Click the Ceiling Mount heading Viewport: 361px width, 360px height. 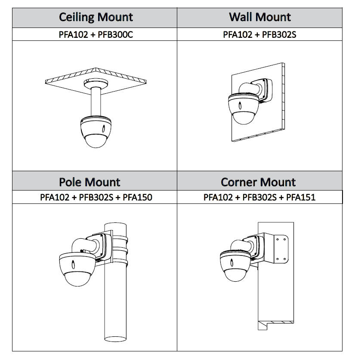pos(96,17)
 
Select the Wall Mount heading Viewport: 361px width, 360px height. pos(260,17)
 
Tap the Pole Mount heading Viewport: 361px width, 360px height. pos(89,182)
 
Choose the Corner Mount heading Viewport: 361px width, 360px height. pos(258,182)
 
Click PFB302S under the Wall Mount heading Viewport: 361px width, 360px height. pos(279,34)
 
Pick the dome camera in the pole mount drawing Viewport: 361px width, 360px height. pos(75,269)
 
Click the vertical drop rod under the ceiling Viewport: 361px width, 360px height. pos(96,101)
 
